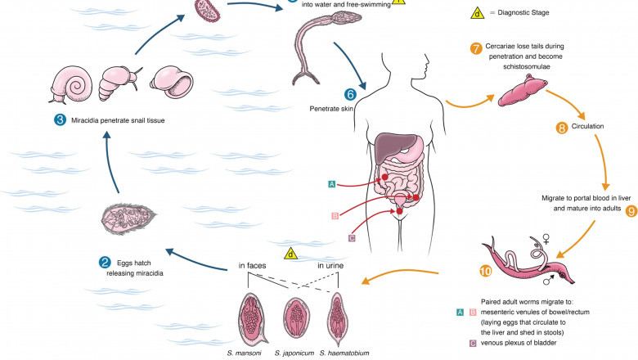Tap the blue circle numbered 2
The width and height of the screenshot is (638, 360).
pyautogui.click(x=105, y=263)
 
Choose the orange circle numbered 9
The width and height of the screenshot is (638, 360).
pyautogui.click(x=631, y=210)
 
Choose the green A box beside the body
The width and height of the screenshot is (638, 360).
pyautogui.click(x=330, y=185)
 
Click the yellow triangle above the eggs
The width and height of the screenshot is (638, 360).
pyautogui.click(x=290, y=254)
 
